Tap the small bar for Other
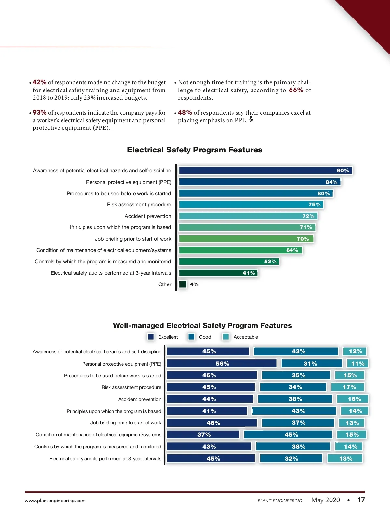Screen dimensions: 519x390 183,284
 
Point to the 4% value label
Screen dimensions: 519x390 194,284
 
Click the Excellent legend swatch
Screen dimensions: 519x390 151,337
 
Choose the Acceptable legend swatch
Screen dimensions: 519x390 226,337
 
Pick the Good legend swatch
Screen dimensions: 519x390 192,337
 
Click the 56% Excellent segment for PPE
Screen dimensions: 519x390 222,364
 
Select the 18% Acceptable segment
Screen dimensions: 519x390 345,459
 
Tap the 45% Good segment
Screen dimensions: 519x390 288,435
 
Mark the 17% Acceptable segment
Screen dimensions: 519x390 348,387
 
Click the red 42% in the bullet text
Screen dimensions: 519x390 40,82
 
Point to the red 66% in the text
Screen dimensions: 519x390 296,90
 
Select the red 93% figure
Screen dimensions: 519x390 40,113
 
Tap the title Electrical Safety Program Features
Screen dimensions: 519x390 195,150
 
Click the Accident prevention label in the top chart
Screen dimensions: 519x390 148,216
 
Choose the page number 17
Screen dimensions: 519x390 361,500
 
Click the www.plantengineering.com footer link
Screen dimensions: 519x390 55,501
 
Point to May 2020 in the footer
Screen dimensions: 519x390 326,500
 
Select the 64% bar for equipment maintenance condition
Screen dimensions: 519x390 240,250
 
